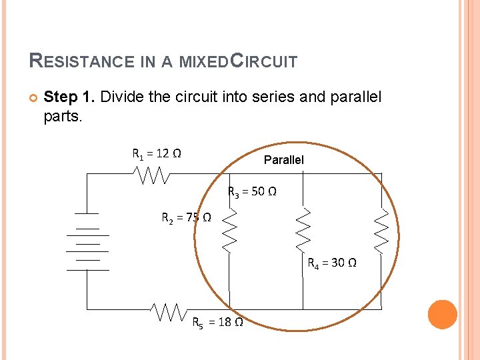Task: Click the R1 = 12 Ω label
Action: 157,155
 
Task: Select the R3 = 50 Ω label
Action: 253,192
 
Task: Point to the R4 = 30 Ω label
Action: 331,263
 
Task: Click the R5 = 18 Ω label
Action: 217,323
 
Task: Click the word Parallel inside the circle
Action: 283,160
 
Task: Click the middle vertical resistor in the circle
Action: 303,229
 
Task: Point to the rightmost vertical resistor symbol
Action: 381,231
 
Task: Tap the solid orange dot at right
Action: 442,315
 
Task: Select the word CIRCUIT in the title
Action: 263,61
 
